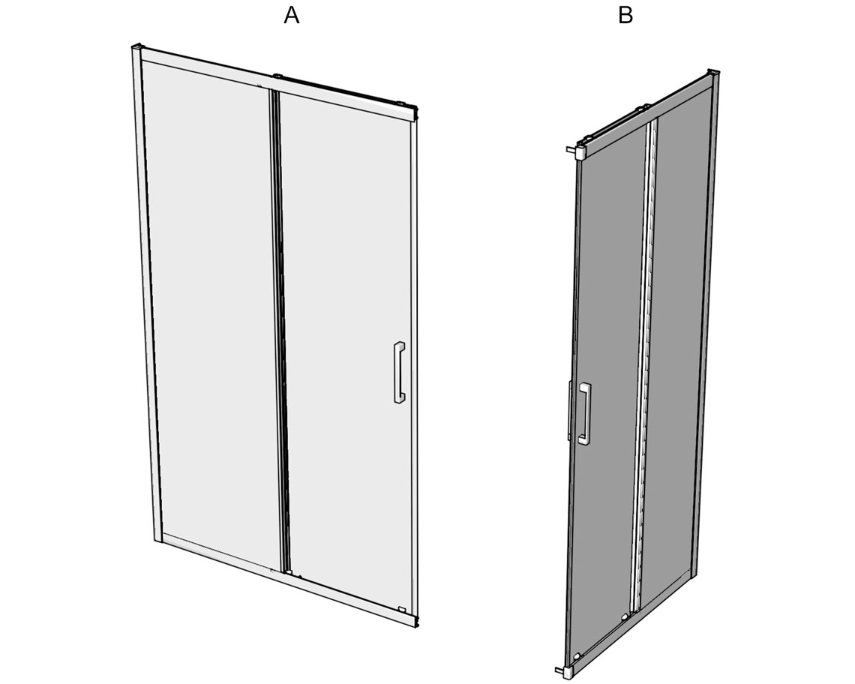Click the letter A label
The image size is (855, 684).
(292, 15)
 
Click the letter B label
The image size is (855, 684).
(625, 15)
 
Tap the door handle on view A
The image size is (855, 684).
(398, 373)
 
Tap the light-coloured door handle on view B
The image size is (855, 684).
(584, 413)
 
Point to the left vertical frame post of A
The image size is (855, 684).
(146, 295)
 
